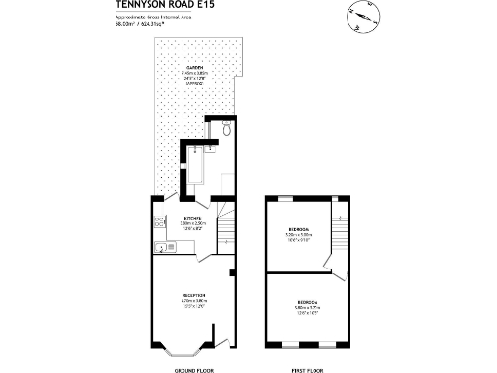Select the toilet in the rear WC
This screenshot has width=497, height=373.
[x=225, y=127]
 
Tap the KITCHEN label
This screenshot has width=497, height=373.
[x=192, y=219]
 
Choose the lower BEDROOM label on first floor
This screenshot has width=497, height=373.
[x=307, y=304]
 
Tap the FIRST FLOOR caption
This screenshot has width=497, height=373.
[x=307, y=370]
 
